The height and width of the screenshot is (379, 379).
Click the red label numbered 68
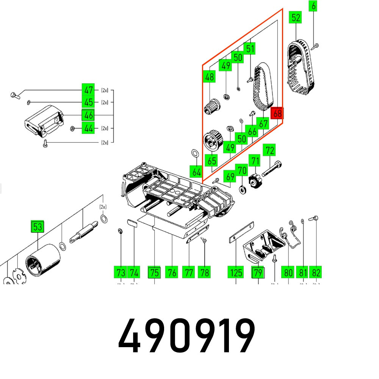pyautogui.click(x=277, y=113)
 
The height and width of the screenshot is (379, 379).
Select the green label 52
pyautogui.click(x=296, y=18)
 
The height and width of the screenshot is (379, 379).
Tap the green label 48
pyautogui.click(x=209, y=77)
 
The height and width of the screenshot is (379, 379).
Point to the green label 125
pyautogui.click(x=236, y=272)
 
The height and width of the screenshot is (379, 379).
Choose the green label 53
pyautogui.click(x=38, y=227)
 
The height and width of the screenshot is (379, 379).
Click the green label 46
pyautogui.click(x=88, y=115)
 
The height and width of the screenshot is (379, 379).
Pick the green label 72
pyautogui.click(x=270, y=150)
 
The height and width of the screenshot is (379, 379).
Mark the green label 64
pyautogui.click(x=196, y=172)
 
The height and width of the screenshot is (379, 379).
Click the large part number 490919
pyautogui.click(x=186, y=337)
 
